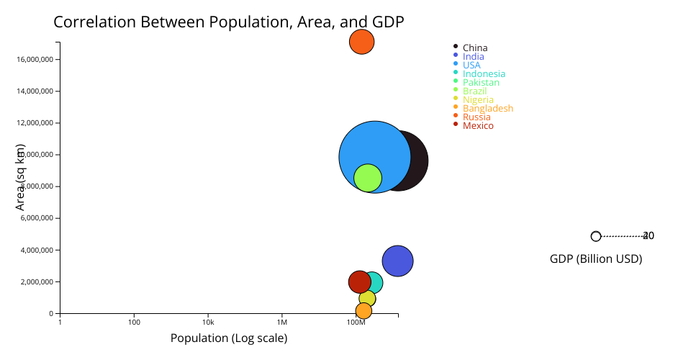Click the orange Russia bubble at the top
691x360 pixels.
361,42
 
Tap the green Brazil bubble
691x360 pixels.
368,178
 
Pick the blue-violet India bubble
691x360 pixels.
397,261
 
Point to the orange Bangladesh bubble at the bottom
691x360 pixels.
363,311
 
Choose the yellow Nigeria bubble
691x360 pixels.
367,298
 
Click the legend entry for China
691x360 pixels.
474,48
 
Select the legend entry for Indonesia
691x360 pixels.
484,74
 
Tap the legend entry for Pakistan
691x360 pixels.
481,83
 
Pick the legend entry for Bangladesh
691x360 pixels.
487,109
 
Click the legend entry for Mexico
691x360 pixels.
478,126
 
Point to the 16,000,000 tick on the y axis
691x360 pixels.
36,60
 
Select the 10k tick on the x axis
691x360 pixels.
208,322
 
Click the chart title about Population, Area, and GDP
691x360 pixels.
228,22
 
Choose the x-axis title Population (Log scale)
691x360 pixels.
229,338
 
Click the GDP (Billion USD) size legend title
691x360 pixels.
596,259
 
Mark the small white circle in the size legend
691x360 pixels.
596,236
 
